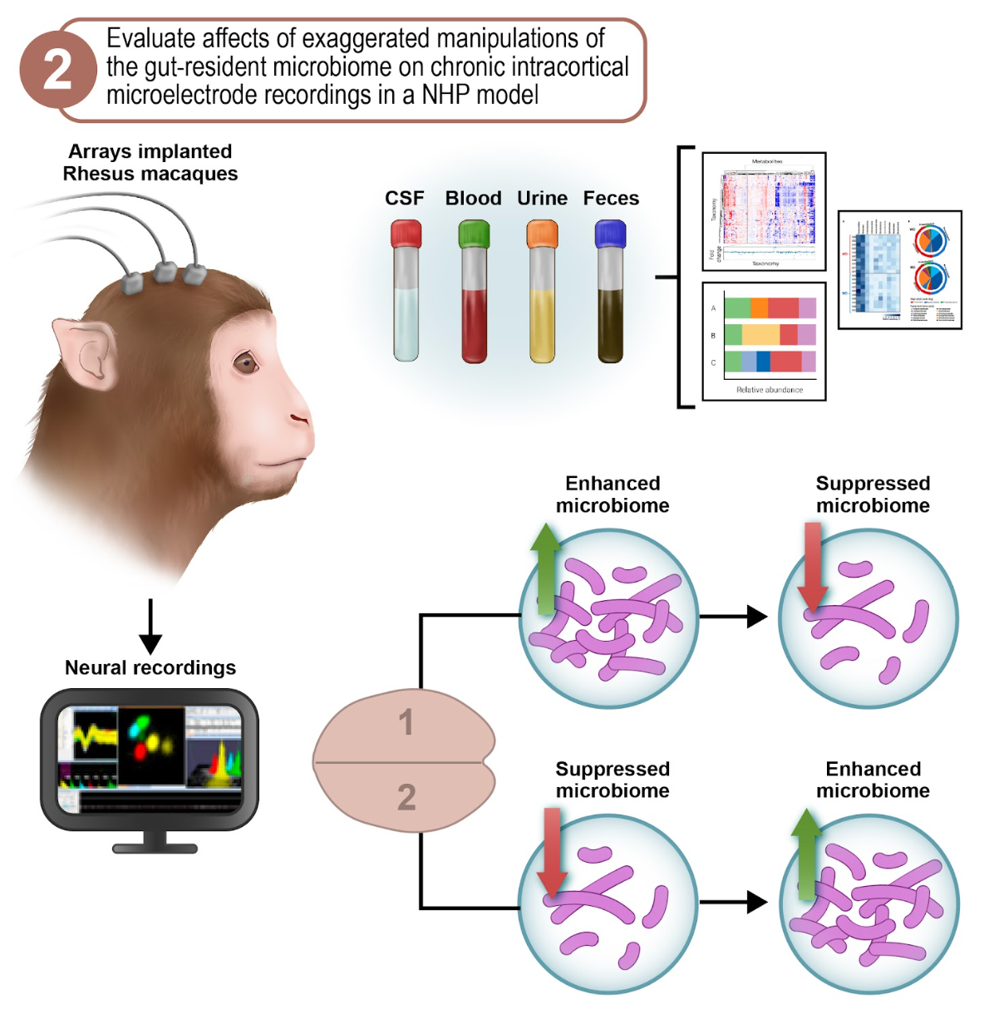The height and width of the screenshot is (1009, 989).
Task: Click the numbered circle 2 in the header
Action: click(x=57, y=70)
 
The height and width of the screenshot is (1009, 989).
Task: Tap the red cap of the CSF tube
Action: click(x=406, y=234)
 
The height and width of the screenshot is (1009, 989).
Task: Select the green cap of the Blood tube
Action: click(x=474, y=234)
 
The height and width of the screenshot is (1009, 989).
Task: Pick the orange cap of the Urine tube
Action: click(x=542, y=234)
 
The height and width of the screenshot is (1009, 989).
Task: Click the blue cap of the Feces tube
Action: click(x=610, y=234)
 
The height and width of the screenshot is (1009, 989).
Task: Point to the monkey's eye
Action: click(x=244, y=362)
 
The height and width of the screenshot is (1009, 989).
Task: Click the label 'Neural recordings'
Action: click(x=150, y=667)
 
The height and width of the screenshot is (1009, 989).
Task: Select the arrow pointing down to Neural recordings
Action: click(x=150, y=628)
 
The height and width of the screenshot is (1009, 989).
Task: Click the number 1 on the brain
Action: click(x=406, y=722)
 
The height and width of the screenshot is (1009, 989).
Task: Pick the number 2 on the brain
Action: click(x=406, y=797)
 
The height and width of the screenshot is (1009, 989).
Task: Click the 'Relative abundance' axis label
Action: click(x=770, y=389)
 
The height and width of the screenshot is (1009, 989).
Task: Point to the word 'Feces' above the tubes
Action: click(x=611, y=198)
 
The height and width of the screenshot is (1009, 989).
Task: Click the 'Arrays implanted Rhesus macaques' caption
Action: click(x=150, y=162)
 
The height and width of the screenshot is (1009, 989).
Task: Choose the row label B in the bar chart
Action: click(x=713, y=336)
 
